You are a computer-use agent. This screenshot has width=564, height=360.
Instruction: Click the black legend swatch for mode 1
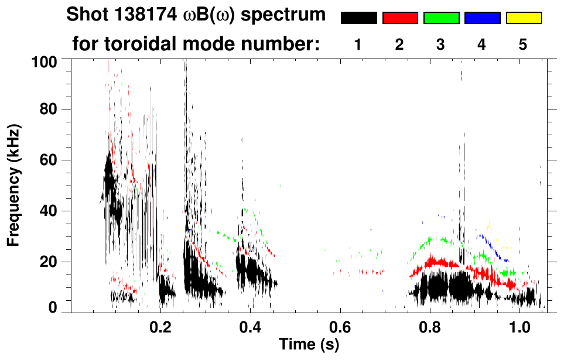pyautogui.click(x=358, y=18)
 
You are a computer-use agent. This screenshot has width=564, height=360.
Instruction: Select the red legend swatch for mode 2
pyautogui.click(x=400, y=18)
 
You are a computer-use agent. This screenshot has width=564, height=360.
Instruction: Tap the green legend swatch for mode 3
pyautogui.click(x=441, y=18)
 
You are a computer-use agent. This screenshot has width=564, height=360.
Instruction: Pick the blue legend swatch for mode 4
pyautogui.click(x=482, y=18)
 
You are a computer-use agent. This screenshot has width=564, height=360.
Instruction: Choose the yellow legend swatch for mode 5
pyautogui.click(x=523, y=18)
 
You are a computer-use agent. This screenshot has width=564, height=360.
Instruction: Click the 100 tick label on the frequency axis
pyautogui.click(x=46, y=60)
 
